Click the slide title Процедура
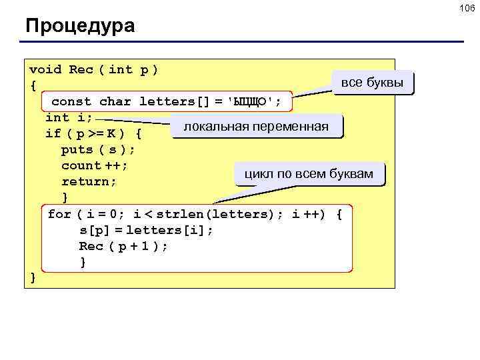pyautogui.click(x=80, y=27)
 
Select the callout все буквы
pyautogui.click(x=372, y=83)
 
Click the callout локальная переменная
pyautogui.click(x=256, y=126)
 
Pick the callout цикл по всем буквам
pyautogui.click(x=309, y=174)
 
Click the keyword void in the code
pyautogui.click(x=45, y=69)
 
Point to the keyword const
pyautogui.click(x=71, y=102)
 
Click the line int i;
pyautogui.click(x=69, y=118)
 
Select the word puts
pyautogui.click(x=77, y=150)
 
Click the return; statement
pyautogui.click(x=89, y=182)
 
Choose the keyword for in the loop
pyautogui.click(x=59, y=215)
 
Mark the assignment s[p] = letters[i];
pyautogui.click(x=147, y=231)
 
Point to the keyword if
pyautogui.click(x=53, y=134)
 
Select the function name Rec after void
pyautogui.click(x=81, y=69)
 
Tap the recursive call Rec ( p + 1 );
pyautogui.click(x=123, y=247)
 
